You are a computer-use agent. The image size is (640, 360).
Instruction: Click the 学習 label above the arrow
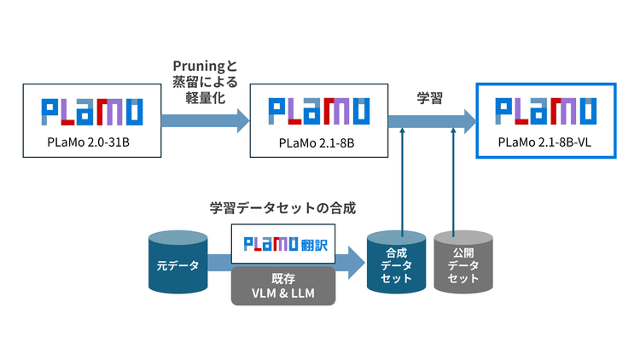429,97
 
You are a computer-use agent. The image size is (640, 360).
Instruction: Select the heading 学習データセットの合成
282,206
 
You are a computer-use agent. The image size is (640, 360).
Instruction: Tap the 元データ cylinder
177,264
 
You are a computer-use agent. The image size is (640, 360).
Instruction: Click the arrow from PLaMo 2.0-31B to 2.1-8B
205,120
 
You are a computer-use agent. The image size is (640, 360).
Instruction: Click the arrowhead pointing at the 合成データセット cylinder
355,265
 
